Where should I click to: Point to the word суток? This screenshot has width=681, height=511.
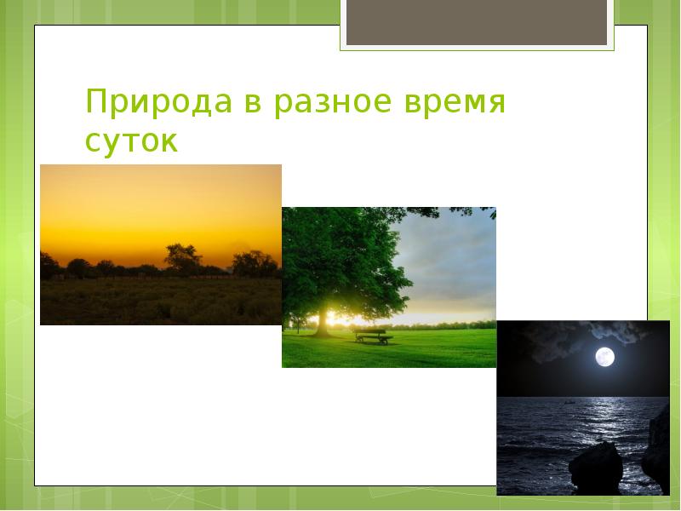[x=131, y=141]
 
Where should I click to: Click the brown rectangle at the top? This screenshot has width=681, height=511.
[x=477, y=22]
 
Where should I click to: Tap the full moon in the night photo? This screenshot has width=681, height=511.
[x=604, y=357]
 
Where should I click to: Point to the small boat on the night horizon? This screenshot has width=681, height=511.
[x=567, y=399]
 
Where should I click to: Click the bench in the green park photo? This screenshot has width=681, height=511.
[x=374, y=337]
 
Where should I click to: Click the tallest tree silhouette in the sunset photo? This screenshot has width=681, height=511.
[x=181, y=255]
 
